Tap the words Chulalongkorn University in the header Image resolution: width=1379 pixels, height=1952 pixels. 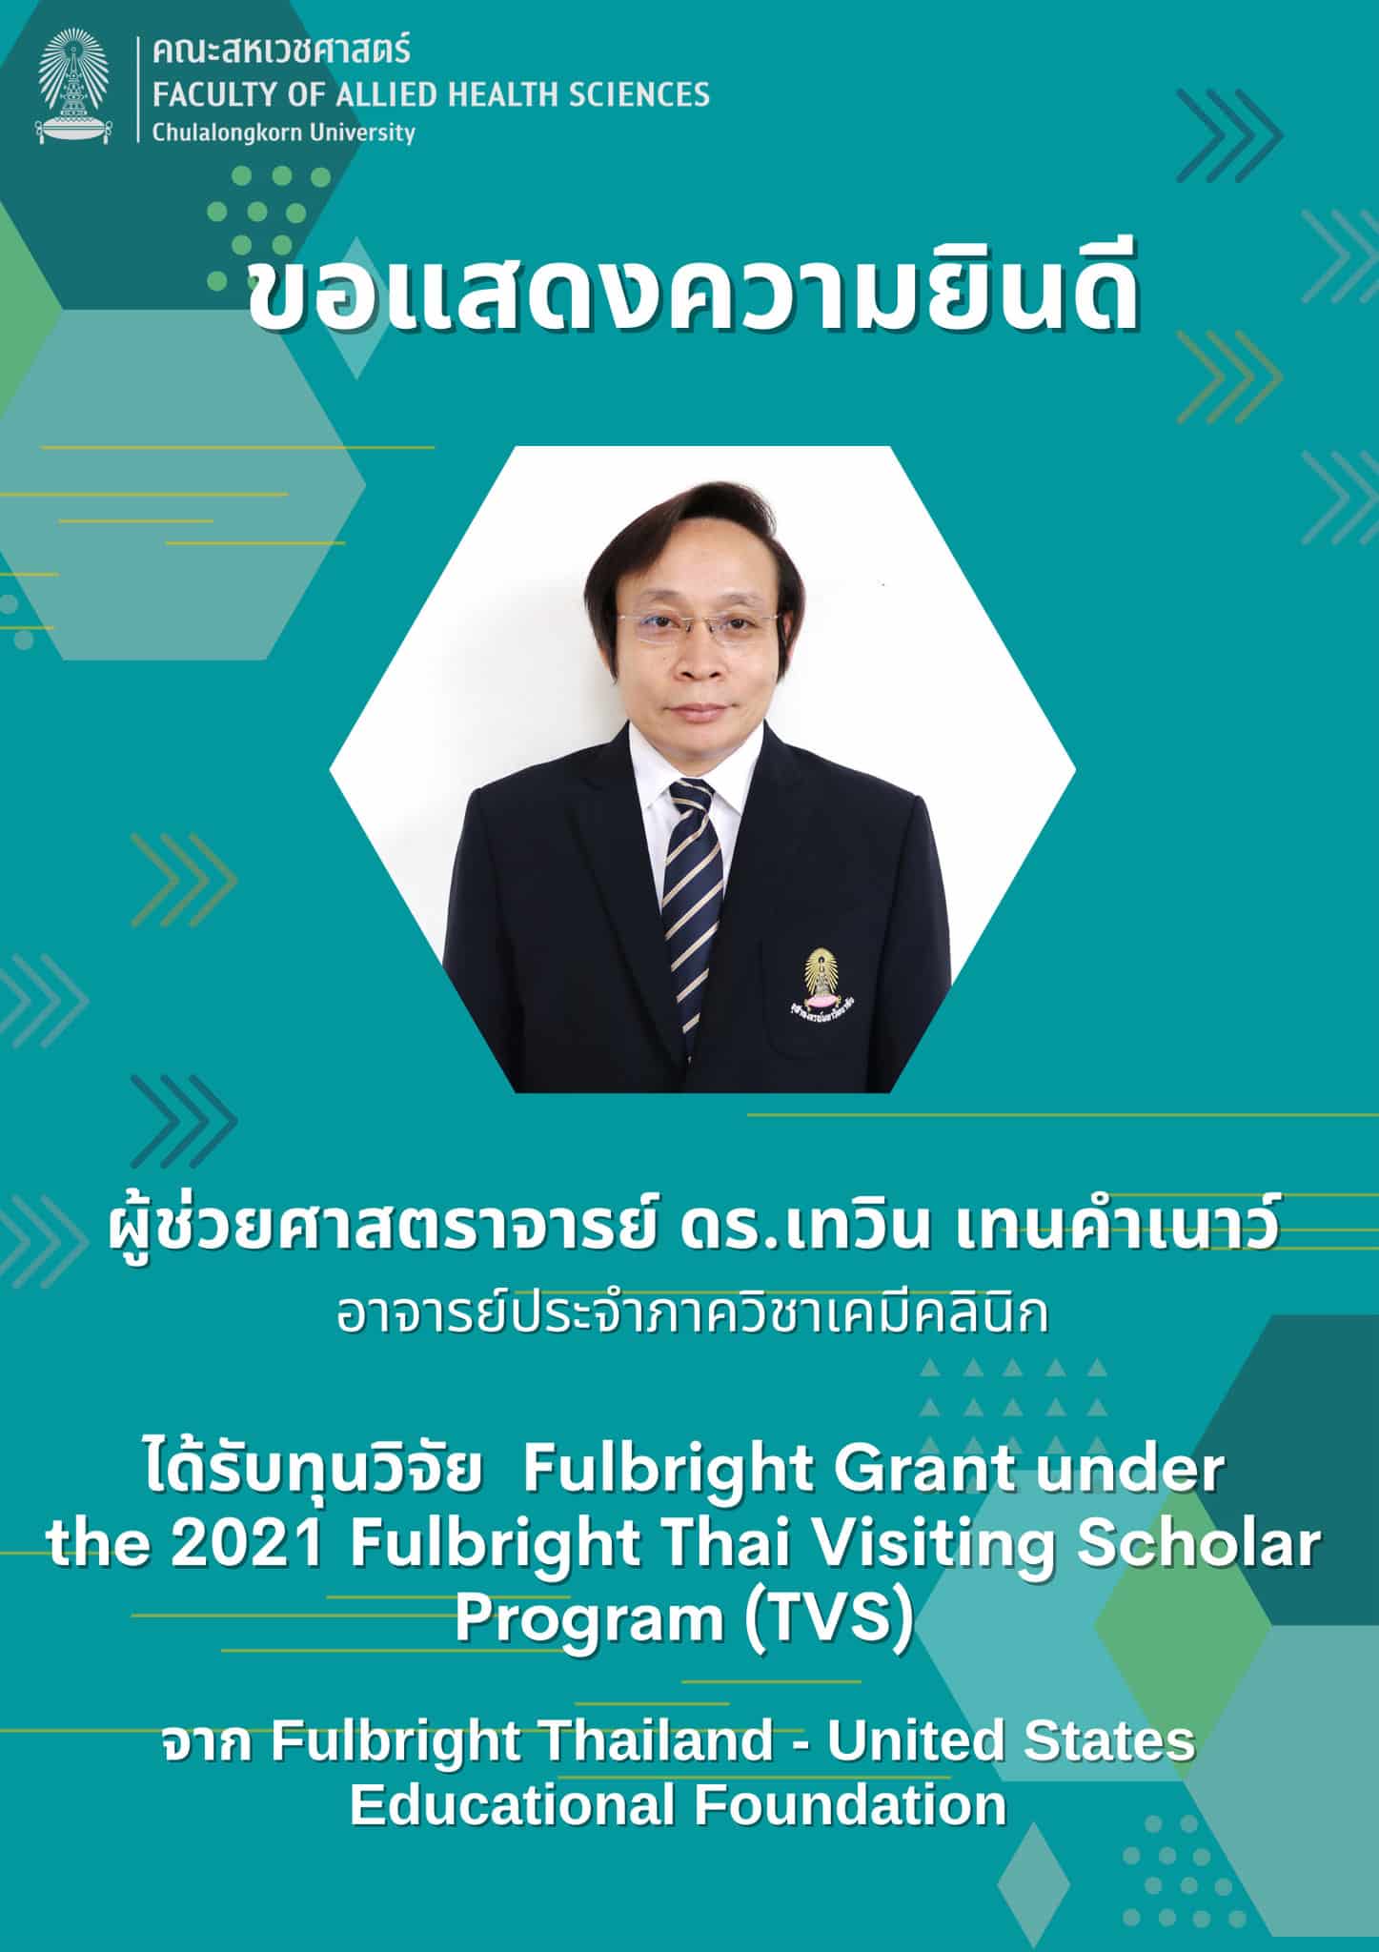pos(284,132)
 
